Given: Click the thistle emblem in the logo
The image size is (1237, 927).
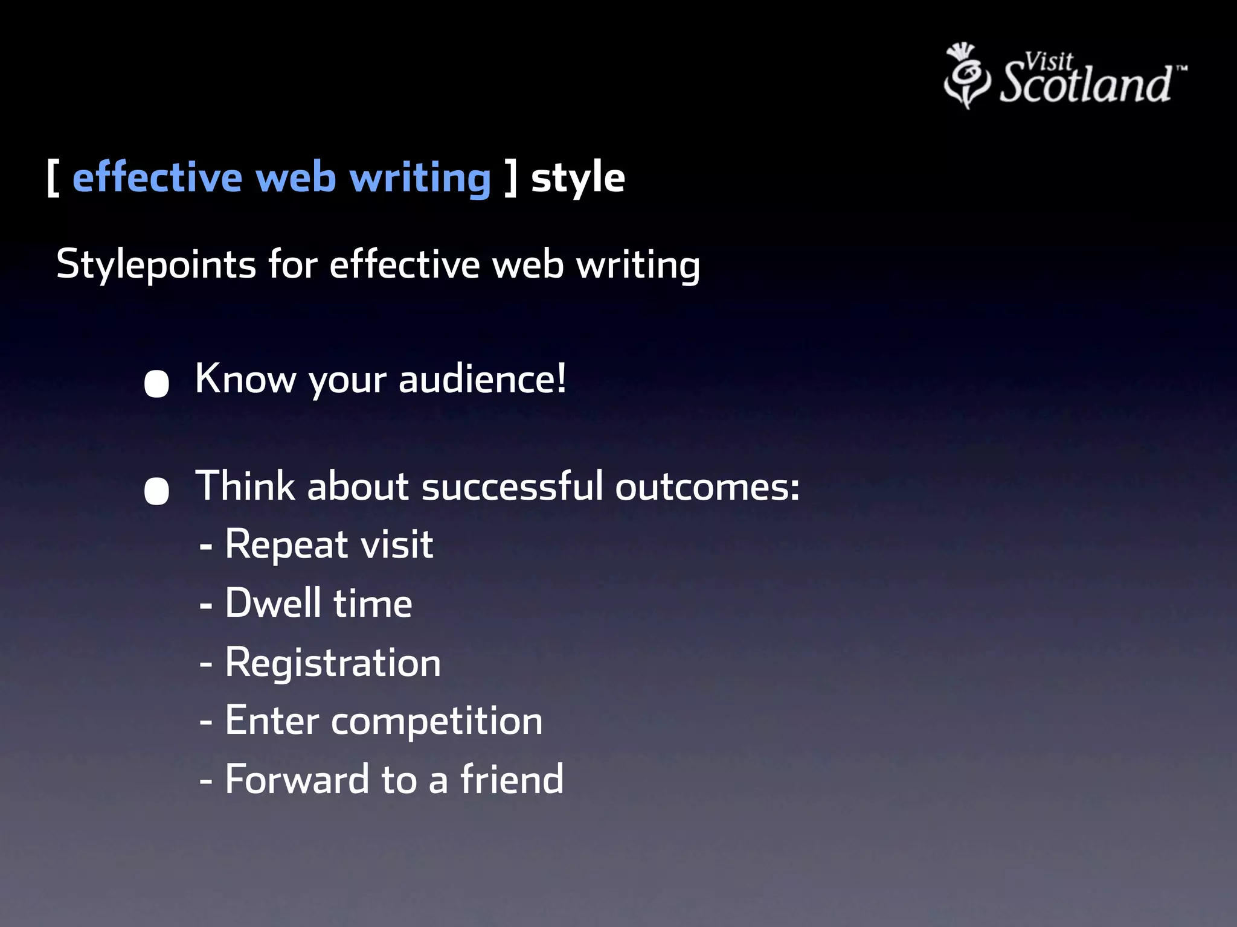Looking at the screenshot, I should [966, 76].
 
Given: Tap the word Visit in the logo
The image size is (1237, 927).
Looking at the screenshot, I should [1049, 62].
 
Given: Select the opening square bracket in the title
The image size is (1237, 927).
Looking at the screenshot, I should [53, 178].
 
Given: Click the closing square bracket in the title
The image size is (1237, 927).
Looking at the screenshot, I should [511, 178].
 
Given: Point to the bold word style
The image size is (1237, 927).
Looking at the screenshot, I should [577, 178].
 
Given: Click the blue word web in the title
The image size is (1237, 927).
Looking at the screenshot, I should [295, 178].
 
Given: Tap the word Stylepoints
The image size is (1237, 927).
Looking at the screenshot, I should [156, 264].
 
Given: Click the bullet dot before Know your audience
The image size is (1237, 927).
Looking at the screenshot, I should [156, 384].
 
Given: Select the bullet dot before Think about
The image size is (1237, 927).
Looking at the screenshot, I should [156, 491].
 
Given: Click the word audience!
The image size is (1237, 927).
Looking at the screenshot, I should [482, 379].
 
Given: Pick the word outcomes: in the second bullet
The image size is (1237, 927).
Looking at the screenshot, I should [707, 486].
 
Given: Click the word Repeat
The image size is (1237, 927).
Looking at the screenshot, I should [286, 544].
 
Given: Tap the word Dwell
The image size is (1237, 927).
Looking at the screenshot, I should [273, 603].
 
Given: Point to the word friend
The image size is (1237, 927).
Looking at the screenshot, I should [512, 779].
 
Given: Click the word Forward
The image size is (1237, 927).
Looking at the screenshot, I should [297, 779].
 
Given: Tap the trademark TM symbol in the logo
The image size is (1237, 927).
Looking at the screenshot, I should [1181, 69].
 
